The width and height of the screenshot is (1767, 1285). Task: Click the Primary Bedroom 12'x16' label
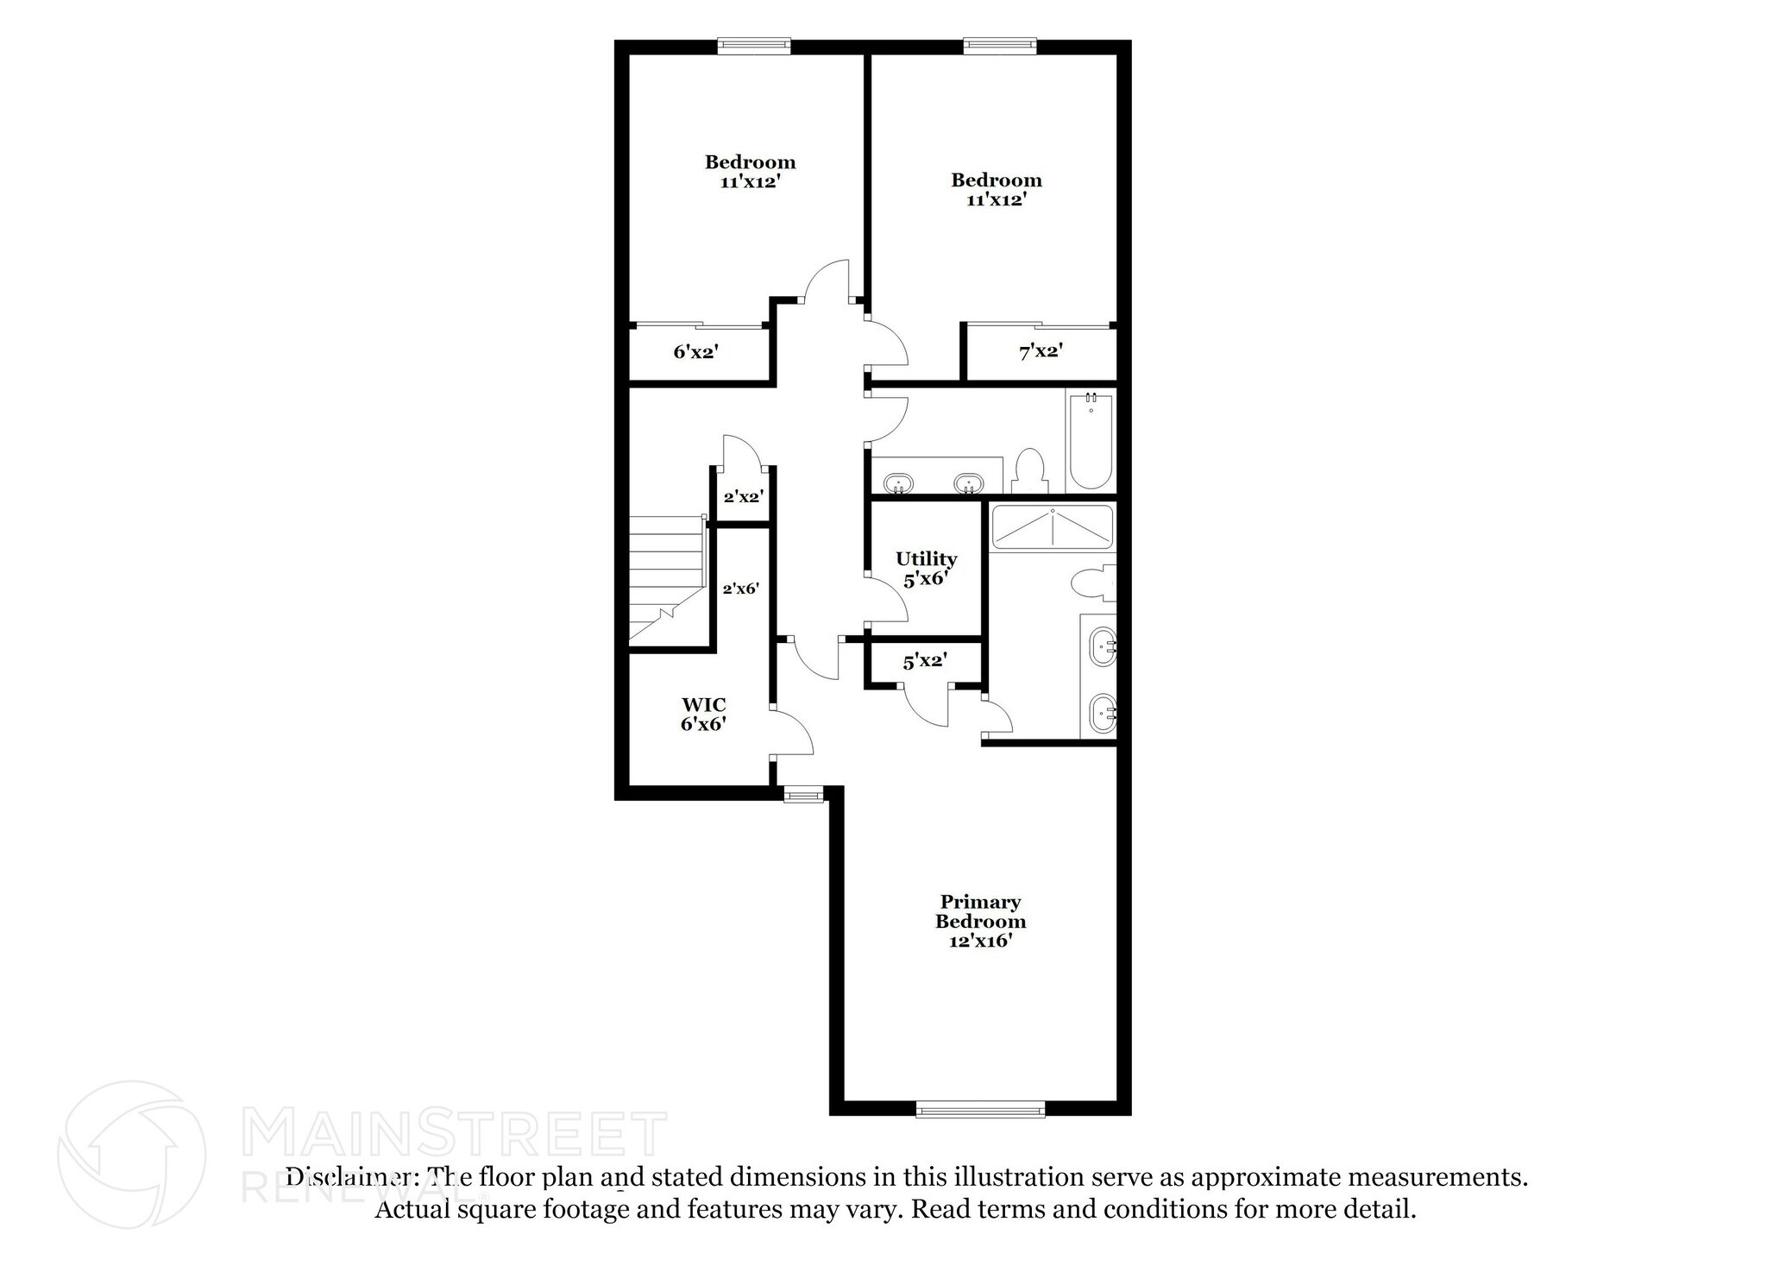[x=980, y=921]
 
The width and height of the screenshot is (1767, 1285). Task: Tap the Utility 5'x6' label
[x=926, y=569]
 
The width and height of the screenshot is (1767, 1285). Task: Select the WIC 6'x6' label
[x=703, y=715]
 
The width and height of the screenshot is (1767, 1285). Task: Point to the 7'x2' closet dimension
[x=1041, y=351]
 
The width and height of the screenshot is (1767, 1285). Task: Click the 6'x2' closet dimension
[x=695, y=351]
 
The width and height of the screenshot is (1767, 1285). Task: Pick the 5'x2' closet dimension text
[x=925, y=662]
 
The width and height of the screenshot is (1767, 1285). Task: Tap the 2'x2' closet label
[x=743, y=497]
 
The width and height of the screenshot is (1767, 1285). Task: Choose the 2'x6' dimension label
[x=740, y=589]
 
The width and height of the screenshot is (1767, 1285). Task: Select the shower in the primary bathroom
[x=1052, y=527]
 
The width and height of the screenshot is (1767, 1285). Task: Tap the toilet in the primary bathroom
[x=1092, y=583]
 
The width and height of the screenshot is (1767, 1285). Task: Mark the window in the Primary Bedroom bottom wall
[x=980, y=1110]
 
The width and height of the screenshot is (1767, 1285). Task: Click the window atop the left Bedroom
[x=754, y=45]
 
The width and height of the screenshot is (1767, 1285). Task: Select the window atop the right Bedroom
[x=1000, y=45]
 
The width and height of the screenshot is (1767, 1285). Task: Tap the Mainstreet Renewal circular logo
[x=131, y=1154]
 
